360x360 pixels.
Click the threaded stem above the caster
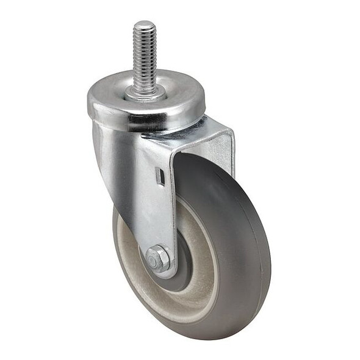[145, 58]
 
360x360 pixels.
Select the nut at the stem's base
[145, 93]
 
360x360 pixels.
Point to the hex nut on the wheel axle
[158, 259]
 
